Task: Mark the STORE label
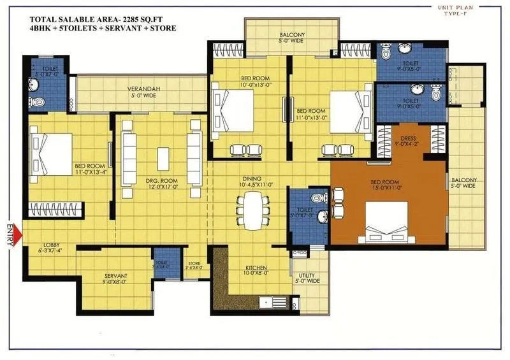[x=195, y=263]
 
